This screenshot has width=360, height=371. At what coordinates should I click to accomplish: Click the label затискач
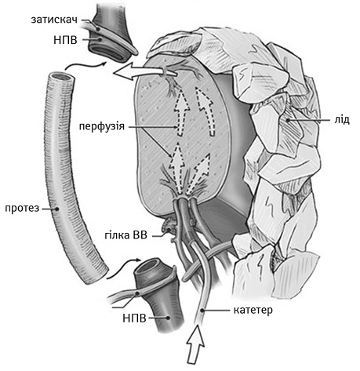(54, 20)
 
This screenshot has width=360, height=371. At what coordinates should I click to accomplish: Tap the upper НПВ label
(65, 40)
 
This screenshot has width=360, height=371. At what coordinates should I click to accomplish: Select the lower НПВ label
(134, 318)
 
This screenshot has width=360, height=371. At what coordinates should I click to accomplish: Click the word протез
(22, 208)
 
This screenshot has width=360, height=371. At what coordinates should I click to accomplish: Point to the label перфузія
(102, 126)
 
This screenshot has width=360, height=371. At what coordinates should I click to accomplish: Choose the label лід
(342, 120)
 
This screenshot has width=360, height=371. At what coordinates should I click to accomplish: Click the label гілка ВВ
(125, 235)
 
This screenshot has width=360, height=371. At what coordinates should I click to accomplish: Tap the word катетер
(253, 310)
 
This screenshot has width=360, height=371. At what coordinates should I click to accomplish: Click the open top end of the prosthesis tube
(61, 78)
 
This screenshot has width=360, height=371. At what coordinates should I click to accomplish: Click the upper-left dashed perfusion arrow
(182, 111)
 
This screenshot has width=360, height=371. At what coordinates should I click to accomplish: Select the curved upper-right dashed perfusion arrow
(206, 111)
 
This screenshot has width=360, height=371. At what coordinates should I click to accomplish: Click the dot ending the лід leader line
(287, 120)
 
